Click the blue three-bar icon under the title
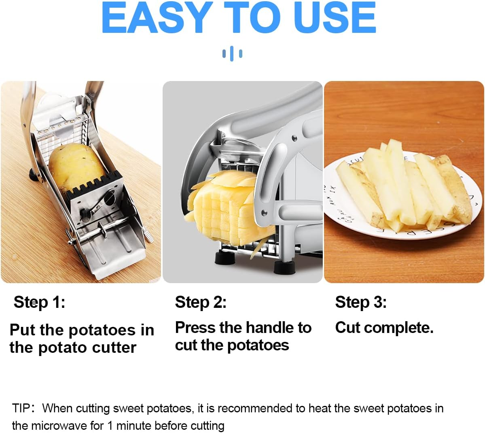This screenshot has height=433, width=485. point(232,53)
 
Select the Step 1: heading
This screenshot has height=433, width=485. point(39,302)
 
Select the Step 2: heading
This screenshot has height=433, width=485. point(201,302)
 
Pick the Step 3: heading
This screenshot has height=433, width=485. point(361,302)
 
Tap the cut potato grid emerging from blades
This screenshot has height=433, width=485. point(220,211)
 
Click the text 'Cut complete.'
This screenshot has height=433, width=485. point(384,328)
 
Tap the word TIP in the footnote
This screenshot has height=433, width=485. point(21,408)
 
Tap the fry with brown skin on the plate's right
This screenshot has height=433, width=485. point(455,190)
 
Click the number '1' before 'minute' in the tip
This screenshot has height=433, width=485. point(110,426)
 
